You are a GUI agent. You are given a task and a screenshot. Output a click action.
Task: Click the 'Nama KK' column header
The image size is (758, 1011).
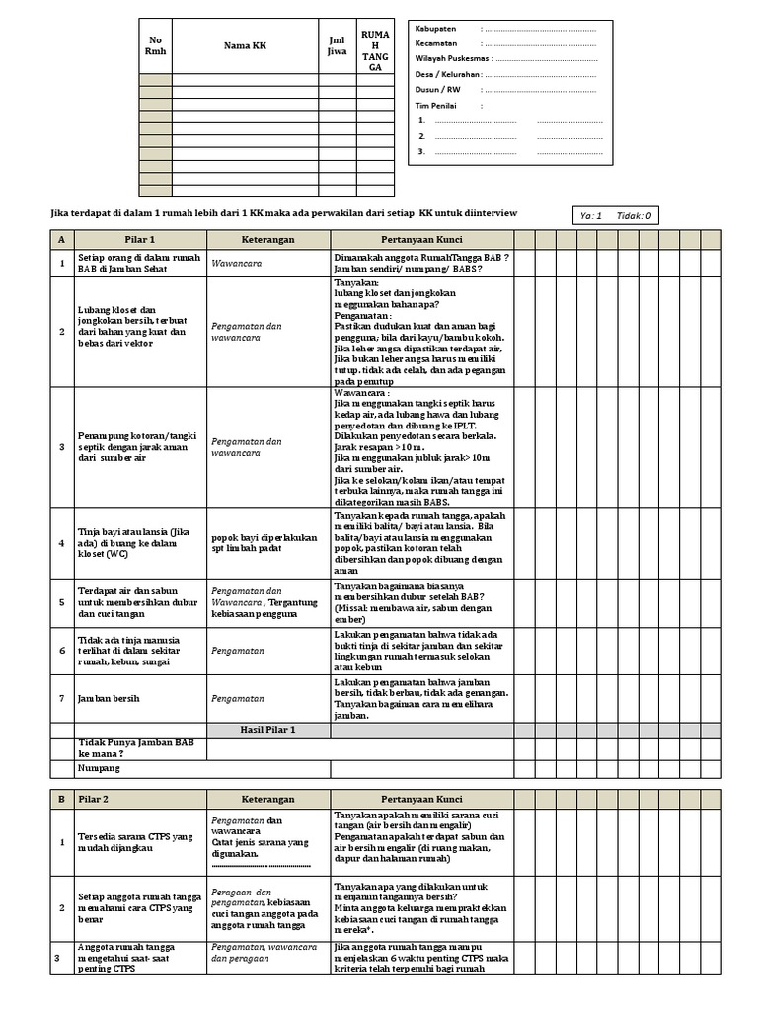(244, 45)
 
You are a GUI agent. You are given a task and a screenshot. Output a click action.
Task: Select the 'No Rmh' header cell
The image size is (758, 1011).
(155, 45)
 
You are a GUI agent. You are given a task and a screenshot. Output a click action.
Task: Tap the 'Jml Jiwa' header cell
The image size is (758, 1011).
(337, 45)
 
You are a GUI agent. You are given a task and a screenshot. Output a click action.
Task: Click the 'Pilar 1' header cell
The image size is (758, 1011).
(138, 240)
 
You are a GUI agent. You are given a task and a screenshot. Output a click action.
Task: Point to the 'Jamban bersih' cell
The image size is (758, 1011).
(107, 698)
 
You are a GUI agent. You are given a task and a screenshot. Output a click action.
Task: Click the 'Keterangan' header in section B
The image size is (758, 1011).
(267, 799)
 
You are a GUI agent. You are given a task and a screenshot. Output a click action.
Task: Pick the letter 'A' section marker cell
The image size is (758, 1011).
(60, 240)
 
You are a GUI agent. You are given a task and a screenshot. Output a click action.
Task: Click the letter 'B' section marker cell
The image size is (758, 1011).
(60, 799)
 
